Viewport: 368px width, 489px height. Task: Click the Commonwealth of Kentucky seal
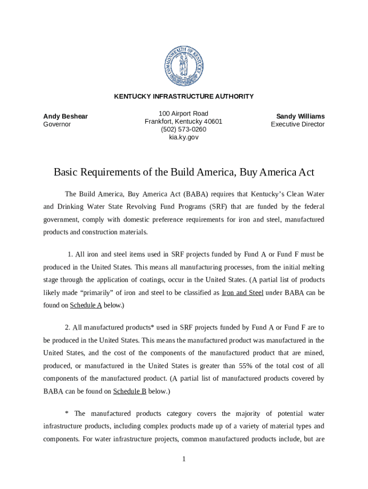pos(184,64)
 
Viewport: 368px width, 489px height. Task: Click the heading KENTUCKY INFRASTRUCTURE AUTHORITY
pos(184,96)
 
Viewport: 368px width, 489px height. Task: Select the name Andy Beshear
pos(65,117)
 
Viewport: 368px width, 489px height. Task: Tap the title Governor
pos(57,124)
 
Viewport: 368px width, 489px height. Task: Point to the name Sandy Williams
pos(300,117)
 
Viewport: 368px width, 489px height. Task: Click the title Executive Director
pos(298,124)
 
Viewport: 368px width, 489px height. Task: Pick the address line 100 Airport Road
pos(184,114)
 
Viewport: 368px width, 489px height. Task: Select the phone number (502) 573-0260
pos(184,129)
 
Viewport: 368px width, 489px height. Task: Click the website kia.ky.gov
pos(184,138)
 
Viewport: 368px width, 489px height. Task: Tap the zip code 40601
pos(213,121)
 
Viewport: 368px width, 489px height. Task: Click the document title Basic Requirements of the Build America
pos(184,172)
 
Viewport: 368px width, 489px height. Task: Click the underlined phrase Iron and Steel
pos(242,292)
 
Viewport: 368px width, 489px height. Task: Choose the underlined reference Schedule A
pos(86,305)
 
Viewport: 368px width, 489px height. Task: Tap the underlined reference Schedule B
pos(130,391)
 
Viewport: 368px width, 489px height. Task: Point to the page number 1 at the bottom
pos(184,459)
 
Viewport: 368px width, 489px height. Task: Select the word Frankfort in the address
pos(158,121)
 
